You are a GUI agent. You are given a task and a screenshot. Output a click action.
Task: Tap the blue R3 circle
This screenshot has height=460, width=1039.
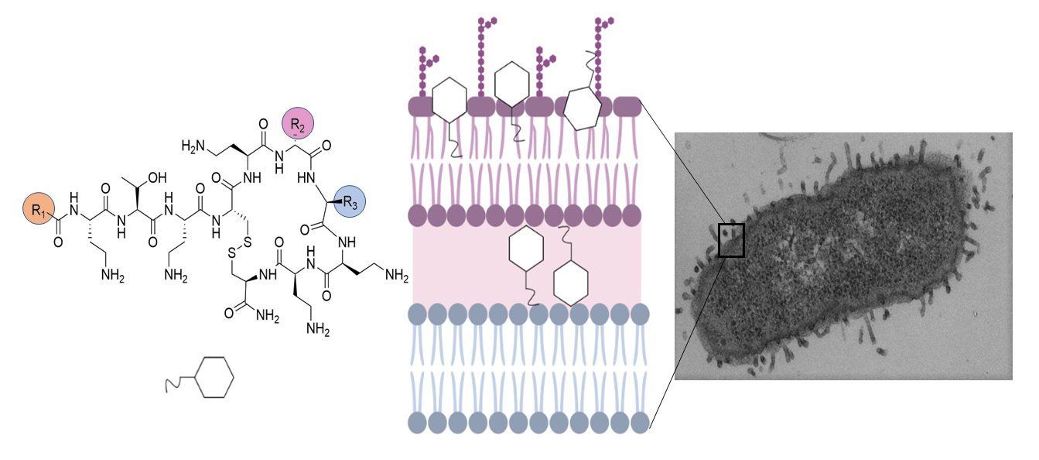click(350, 204)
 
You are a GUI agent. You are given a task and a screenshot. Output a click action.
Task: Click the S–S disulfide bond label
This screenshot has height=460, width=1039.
click(239, 252)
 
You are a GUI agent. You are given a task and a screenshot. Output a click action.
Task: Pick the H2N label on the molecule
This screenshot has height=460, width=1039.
click(195, 146)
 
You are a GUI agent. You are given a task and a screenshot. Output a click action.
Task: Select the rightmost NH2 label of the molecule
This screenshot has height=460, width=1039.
click(396, 275)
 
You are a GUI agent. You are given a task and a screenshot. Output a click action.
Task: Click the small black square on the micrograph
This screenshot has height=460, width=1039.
click(731, 240)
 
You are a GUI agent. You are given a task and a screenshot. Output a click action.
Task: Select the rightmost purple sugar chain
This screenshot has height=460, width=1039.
click(599, 54)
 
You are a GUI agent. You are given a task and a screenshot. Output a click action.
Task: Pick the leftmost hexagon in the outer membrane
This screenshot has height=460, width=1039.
click(449, 101)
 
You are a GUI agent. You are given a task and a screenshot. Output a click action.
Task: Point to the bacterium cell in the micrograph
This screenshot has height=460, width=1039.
click(836, 256)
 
